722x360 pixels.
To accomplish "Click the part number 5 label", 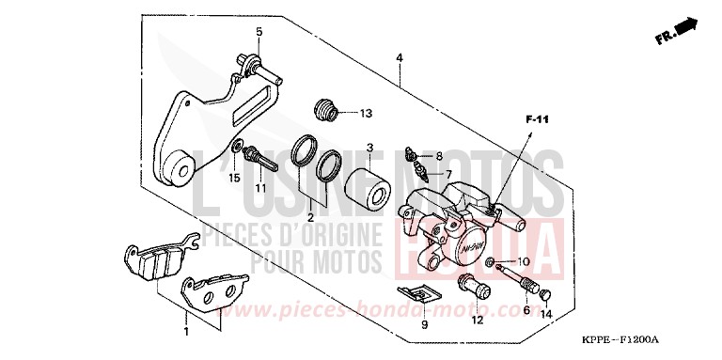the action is pyautogui.click(x=259, y=32).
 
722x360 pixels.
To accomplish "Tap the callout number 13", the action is pyautogui.click(x=366, y=114).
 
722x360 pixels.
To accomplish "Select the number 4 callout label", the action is pyautogui.click(x=400, y=58).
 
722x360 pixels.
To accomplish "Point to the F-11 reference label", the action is pyautogui.click(x=536, y=119).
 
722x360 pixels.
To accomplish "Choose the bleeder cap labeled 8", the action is pyautogui.click(x=411, y=153).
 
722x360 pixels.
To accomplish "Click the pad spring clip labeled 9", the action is pyautogui.click(x=421, y=293).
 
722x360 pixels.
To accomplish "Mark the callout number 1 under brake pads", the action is pyautogui.click(x=186, y=331).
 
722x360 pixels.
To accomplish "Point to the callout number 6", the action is pyautogui.click(x=526, y=309).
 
